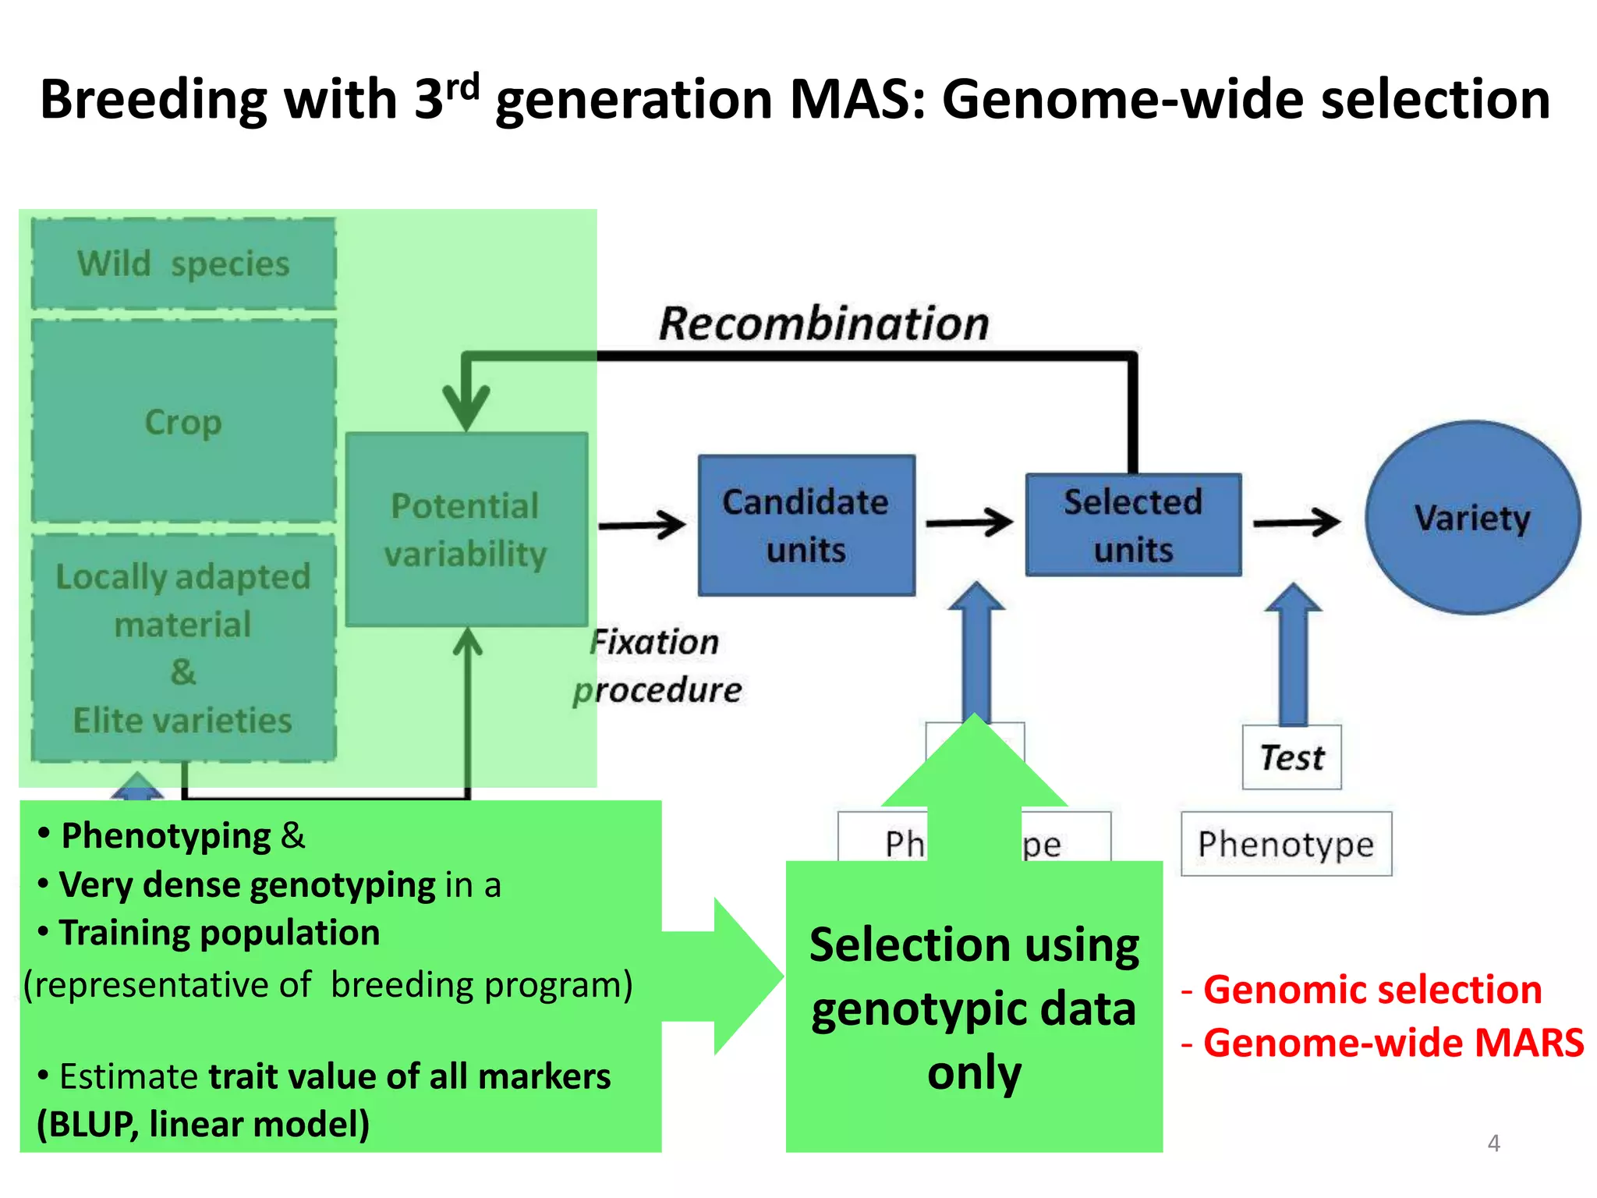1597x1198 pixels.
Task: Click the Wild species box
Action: click(x=183, y=264)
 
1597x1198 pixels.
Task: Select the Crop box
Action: click(x=183, y=421)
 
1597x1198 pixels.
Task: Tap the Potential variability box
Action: click(x=466, y=530)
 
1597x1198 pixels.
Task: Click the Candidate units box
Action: click(x=806, y=526)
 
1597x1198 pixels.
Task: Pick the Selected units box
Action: click(x=1133, y=525)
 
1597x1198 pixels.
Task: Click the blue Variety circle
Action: click(x=1472, y=518)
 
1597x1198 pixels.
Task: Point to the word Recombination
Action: click(x=823, y=324)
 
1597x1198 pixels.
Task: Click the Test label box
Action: click(x=1291, y=757)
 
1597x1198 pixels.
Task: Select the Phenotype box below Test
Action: click(x=1286, y=844)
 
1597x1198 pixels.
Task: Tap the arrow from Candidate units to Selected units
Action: click(x=969, y=523)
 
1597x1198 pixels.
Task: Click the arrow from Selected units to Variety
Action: click(x=1296, y=523)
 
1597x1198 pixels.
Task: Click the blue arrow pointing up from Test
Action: click(x=1293, y=655)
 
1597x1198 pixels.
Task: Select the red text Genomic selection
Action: click(x=1372, y=989)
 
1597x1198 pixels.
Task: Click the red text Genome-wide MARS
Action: click(x=1393, y=1043)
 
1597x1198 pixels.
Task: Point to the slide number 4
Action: click(x=1493, y=1143)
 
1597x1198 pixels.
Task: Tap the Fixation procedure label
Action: click(x=657, y=666)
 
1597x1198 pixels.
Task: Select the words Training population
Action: click(x=219, y=933)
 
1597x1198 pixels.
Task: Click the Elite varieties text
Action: click(x=182, y=720)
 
